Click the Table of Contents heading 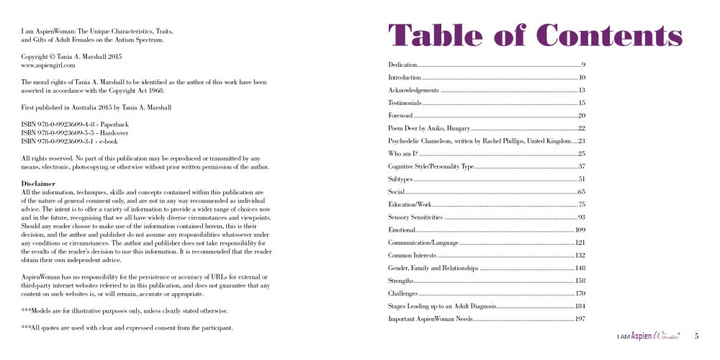pos(535,35)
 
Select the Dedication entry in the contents pos(402,66)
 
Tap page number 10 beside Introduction pos(582,77)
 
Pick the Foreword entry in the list pos(400,116)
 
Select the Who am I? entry pos(402,153)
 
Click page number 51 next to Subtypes pos(582,179)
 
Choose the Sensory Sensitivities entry pos(415,217)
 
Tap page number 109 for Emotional pos(580,230)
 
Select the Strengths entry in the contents pos(401,280)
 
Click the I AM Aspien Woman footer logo pos(649,336)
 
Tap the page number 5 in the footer pos(696,336)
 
